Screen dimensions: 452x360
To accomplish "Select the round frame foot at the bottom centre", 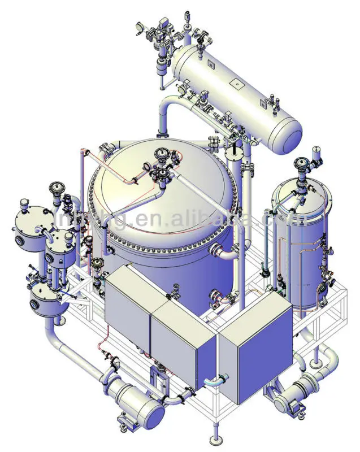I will (x=215, y=440).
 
